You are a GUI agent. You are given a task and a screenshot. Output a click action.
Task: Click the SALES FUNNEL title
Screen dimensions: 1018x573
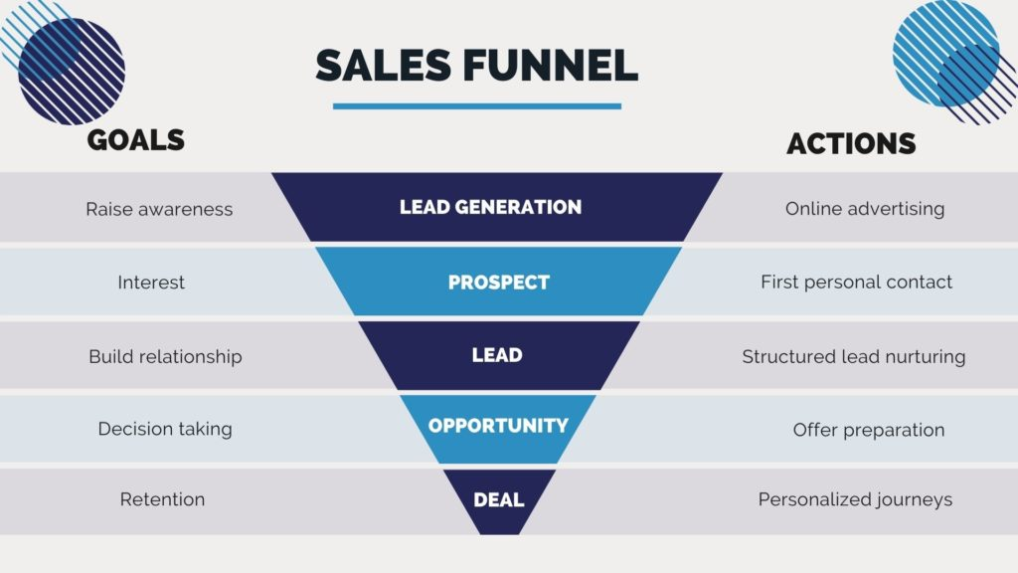[x=476, y=65]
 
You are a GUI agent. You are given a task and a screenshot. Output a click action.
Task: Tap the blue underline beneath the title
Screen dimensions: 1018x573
[x=477, y=105]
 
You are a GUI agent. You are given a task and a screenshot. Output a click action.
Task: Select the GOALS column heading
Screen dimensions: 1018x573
[x=135, y=139]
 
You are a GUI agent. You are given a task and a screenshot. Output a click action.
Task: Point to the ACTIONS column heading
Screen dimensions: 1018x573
[x=851, y=143]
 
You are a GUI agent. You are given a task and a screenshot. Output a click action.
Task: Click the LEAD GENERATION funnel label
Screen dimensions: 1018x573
[x=490, y=207]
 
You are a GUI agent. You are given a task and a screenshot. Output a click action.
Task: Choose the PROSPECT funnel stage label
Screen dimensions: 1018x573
[x=499, y=282]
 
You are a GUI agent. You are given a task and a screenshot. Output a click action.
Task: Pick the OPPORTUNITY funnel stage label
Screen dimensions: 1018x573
[x=498, y=426]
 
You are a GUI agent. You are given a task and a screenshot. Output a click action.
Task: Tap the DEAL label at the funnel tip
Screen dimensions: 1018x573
[x=499, y=499]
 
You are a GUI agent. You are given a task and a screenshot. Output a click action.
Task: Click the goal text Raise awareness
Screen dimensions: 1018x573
[x=159, y=209]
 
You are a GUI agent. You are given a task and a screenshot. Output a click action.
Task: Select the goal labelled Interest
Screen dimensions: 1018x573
[x=151, y=283]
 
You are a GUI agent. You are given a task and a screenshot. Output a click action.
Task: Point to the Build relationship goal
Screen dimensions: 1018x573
[x=166, y=357]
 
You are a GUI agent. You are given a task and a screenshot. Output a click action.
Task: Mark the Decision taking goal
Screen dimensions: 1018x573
[x=165, y=429]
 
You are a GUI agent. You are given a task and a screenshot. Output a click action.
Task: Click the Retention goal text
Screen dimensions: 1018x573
[x=162, y=499]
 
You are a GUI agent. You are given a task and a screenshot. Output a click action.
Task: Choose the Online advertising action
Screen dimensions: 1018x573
[x=865, y=209]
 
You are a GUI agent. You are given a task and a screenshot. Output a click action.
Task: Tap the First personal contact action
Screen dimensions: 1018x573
[x=856, y=282]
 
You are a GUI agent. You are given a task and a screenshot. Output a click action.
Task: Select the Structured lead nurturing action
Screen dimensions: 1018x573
[x=854, y=357]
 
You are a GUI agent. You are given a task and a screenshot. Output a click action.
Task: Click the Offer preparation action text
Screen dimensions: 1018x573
[x=869, y=430]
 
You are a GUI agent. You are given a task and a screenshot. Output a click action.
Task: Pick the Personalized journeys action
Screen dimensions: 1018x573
[x=855, y=499]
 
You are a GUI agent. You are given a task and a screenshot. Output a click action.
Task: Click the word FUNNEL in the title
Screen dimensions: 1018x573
[x=550, y=65]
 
